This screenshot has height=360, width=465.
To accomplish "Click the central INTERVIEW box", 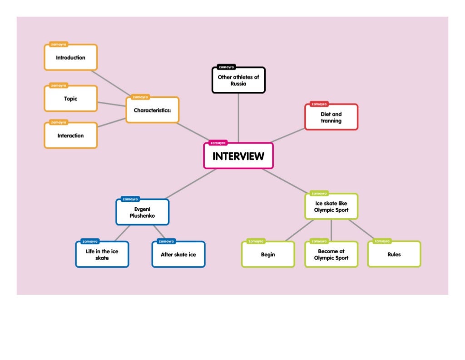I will tap(238, 156).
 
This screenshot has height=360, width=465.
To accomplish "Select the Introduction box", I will tap(70, 58).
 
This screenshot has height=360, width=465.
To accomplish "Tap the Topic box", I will tap(70, 99).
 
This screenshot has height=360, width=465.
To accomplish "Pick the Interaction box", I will tap(70, 135).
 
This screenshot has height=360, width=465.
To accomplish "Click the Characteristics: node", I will tap(152, 110).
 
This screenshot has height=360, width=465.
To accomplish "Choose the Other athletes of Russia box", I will tap(238, 80).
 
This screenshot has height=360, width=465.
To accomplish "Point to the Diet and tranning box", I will tap(331, 117).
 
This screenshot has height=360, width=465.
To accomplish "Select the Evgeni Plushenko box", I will tap(142, 212).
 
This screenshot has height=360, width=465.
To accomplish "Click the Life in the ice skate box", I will tap(102, 255).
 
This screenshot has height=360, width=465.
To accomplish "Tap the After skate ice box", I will tap(178, 255).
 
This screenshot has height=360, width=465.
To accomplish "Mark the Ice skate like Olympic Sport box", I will tap(331, 207).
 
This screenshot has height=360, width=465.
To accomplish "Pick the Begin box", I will tap(267, 255).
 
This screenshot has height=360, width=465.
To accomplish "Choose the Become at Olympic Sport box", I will tap(331, 255).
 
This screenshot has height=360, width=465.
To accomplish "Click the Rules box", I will tap(394, 254).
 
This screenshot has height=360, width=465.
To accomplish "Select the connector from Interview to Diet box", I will tap(288, 135).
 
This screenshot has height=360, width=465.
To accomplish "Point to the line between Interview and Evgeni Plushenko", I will tap(191, 183).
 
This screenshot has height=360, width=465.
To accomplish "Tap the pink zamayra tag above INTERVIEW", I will tap(218, 143).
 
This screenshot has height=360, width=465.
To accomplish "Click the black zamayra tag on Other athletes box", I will tap(226, 67).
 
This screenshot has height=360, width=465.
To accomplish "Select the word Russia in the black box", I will tap(238, 84).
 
